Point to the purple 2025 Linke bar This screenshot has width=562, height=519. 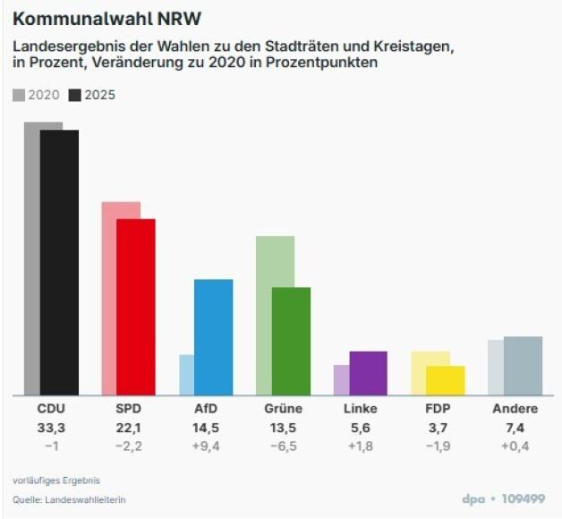click(368, 372)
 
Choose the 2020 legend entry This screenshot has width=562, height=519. click(37, 95)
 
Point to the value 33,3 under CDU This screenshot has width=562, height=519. click(51, 428)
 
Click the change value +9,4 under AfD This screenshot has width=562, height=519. click(206, 446)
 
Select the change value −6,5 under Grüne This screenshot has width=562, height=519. click(283, 446)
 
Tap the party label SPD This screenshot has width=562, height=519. click(128, 409)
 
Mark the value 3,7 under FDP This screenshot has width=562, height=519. click(438, 428)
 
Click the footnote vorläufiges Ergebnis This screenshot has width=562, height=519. click(56, 480)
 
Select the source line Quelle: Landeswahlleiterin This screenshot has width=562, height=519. click(69, 498)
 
